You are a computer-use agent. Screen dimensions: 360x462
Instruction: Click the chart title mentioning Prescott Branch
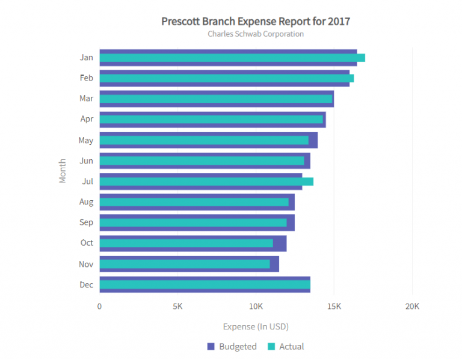point(256,22)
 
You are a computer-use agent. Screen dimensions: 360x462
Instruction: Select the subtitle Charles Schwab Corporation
point(256,34)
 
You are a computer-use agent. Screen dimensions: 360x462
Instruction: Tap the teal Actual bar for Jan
point(232,58)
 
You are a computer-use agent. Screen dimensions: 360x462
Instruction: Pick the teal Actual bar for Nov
point(185,264)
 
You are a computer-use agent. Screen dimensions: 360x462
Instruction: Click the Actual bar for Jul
point(206,182)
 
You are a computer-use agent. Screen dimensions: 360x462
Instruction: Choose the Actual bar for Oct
point(186,243)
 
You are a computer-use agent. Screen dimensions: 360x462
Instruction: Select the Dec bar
point(205,284)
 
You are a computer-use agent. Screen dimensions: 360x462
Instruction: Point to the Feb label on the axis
point(86,78)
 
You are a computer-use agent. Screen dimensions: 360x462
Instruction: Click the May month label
point(86,140)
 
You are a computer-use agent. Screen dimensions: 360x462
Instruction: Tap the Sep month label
point(86,222)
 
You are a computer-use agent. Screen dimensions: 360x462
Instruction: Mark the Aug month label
point(86,202)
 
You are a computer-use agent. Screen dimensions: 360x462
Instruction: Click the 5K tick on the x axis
point(177,306)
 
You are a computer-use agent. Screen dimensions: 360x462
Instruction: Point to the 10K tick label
point(256,306)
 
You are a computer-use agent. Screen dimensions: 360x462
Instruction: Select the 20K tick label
point(412,306)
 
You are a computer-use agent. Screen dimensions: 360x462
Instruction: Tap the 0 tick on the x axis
point(99,306)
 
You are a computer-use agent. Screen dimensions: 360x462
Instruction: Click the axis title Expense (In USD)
point(256,327)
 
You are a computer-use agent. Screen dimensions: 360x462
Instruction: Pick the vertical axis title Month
point(63,171)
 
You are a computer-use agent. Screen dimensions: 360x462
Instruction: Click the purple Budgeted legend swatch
point(211,346)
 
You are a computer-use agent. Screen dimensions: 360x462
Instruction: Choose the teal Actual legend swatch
point(271,346)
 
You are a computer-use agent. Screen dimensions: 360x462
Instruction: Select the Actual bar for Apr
point(211,120)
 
